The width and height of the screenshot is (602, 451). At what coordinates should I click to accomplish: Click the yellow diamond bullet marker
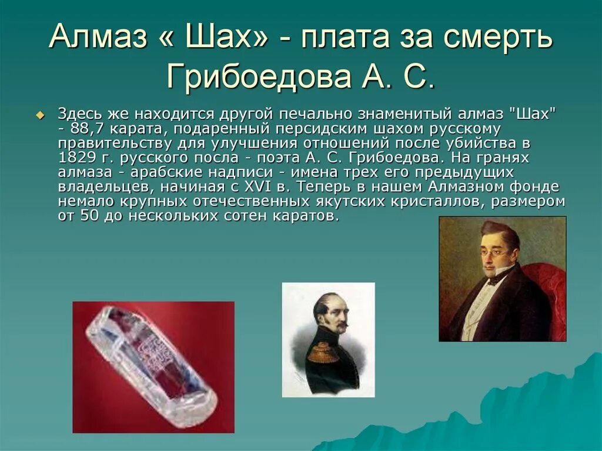point(40,114)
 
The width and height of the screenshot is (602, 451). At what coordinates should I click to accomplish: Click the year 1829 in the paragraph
point(75,158)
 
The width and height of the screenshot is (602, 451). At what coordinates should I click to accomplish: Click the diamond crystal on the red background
point(150,365)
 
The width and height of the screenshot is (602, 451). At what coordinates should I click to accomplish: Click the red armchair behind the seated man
point(550,288)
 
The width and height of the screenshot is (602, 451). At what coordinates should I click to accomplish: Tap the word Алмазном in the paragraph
point(468,187)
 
